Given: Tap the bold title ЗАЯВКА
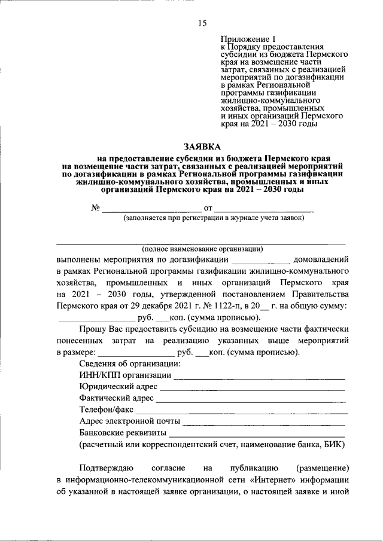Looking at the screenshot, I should coord(202,146).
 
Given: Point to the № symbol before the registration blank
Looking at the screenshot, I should coord(94,208).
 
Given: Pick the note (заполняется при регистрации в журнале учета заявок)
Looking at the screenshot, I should coord(214,218).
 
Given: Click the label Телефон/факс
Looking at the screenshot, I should coord(107,409).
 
